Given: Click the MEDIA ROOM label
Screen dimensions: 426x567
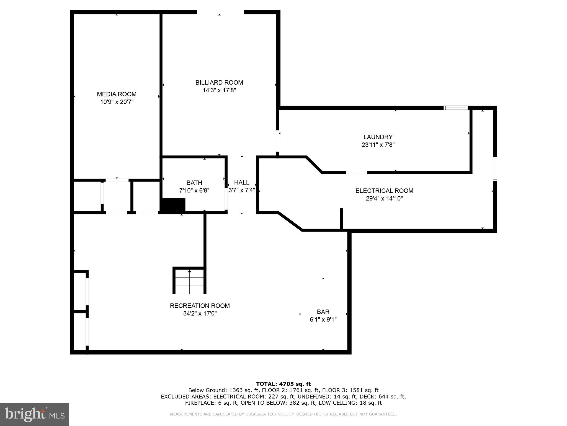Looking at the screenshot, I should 117,94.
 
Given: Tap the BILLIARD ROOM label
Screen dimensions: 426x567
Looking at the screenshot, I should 219,82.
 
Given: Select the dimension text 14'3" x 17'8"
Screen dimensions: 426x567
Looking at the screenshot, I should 219,90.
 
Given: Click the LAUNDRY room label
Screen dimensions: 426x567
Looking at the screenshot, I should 378,137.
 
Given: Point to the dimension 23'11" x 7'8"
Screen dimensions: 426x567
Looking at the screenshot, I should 378,145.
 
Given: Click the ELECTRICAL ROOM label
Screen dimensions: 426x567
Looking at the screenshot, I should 384,191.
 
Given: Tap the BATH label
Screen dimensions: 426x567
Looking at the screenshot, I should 194,183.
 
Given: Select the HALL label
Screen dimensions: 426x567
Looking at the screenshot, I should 241,182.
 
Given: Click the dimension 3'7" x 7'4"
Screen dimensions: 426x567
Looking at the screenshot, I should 241,190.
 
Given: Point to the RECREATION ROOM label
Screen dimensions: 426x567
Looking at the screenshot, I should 200,306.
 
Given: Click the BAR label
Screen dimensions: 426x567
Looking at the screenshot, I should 323,312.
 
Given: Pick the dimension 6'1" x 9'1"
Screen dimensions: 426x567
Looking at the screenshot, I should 323,319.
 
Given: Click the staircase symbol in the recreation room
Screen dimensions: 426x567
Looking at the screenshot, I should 190,281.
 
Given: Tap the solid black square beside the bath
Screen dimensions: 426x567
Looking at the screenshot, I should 173,205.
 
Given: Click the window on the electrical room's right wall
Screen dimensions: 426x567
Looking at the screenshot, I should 495,169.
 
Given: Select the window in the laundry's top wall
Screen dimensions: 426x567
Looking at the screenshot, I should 455,108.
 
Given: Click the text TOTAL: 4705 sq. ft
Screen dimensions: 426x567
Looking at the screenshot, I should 283,384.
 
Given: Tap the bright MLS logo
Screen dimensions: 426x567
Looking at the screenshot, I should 34,414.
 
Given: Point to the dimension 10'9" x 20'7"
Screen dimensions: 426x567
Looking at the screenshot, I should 117,102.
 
